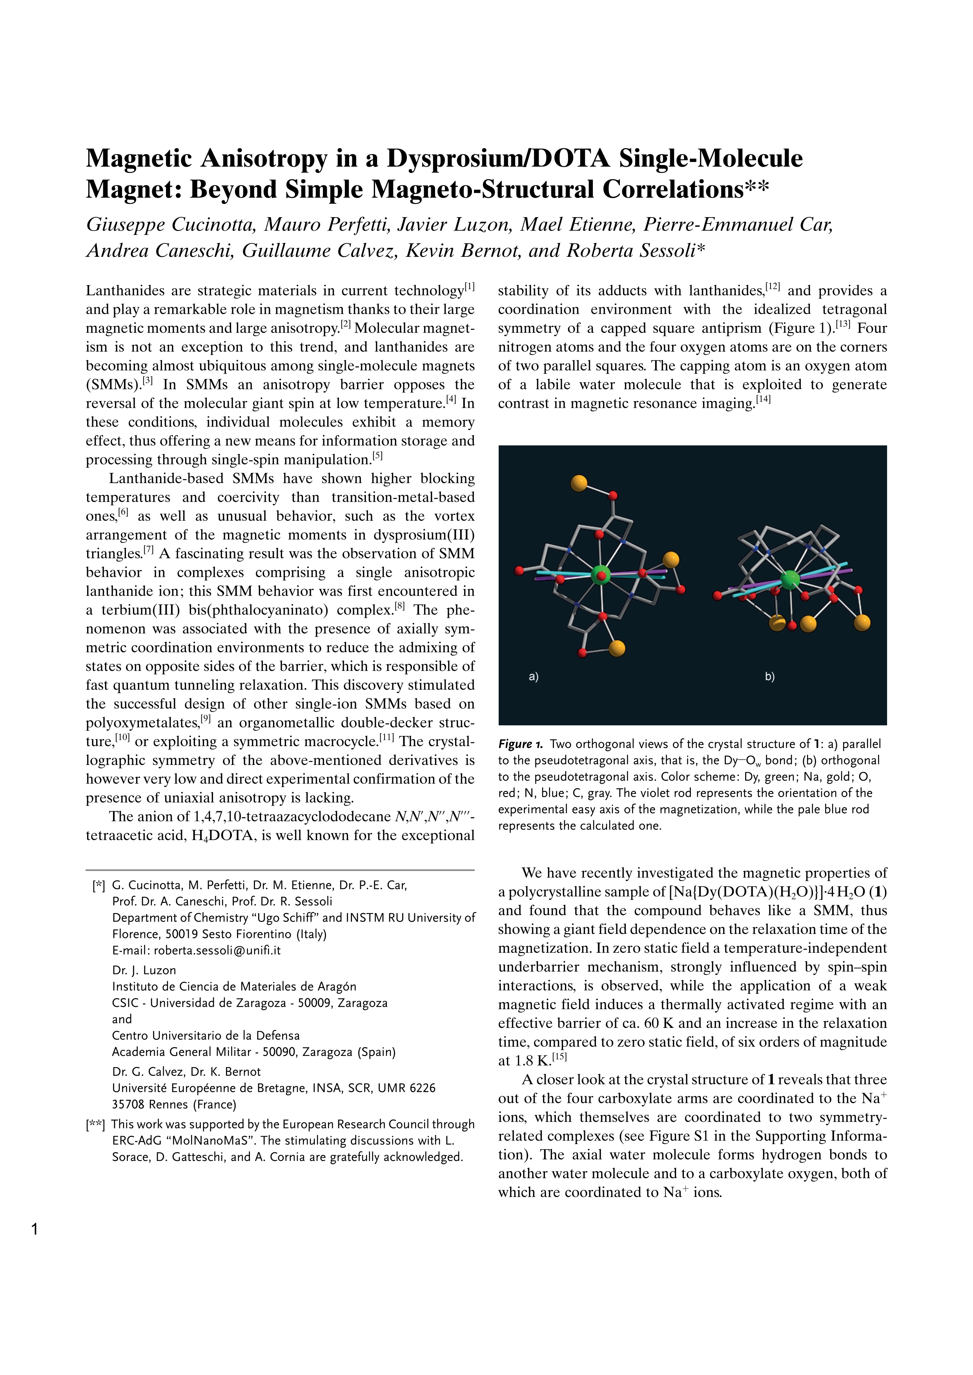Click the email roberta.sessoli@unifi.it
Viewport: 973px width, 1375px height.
(x=217, y=950)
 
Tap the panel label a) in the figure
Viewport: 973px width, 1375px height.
(x=533, y=677)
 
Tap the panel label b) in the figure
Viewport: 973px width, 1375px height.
(x=770, y=677)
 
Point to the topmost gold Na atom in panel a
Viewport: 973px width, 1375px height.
(x=579, y=483)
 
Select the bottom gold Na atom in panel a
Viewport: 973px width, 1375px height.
(x=616, y=648)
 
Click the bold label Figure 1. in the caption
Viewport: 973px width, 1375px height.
(x=520, y=745)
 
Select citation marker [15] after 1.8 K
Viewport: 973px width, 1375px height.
(x=559, y=1057)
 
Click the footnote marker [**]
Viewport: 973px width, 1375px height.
(x=95, y=1125)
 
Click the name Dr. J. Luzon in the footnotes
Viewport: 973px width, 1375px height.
(x=144, y=970)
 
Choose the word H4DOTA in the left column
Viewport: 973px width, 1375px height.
(x=219, y=836)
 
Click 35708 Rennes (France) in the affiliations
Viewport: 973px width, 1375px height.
(x=174, y=1104)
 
